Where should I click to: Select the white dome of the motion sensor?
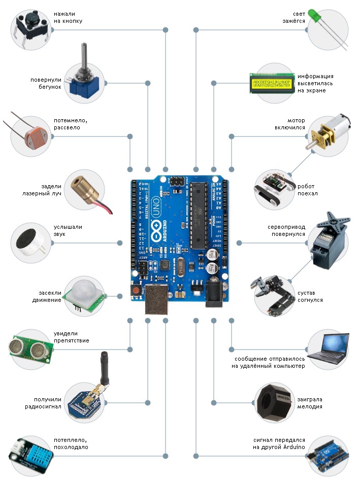pyautogui.click(x=83, y=291)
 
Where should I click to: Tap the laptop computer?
pyautogui.click(x=328, y=350)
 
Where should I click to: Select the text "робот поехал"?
pyautogui.click(x=308, y=190)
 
